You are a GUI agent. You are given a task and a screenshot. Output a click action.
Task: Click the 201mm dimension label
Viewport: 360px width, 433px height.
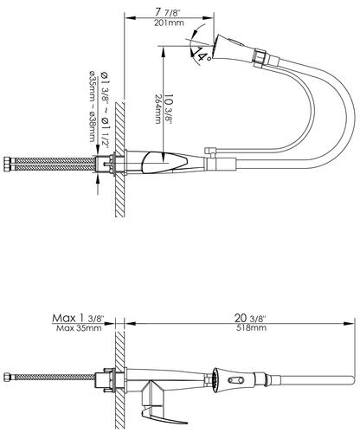point(169,23)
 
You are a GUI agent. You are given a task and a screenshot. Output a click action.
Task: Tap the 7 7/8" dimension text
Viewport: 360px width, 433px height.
point(169,13)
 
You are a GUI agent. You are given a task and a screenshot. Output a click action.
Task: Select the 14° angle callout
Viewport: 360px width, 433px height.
point(202,54)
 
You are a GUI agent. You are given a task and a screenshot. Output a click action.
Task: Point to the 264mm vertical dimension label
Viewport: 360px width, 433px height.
point(157,109)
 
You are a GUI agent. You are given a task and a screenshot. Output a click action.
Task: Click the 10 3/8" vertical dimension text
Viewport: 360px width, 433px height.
point(168,109)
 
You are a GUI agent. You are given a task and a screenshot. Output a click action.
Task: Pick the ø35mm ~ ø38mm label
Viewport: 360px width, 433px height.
point(92,106)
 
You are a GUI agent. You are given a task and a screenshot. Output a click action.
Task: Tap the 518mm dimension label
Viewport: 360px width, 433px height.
point(251,328)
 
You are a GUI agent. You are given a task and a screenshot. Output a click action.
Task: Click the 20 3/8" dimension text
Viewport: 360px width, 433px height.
point(250,319)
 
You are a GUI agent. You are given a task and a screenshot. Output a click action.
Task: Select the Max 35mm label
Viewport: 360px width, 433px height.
point(79,328)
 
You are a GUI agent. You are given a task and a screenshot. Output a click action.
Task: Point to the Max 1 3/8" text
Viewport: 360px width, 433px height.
point(78,319)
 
